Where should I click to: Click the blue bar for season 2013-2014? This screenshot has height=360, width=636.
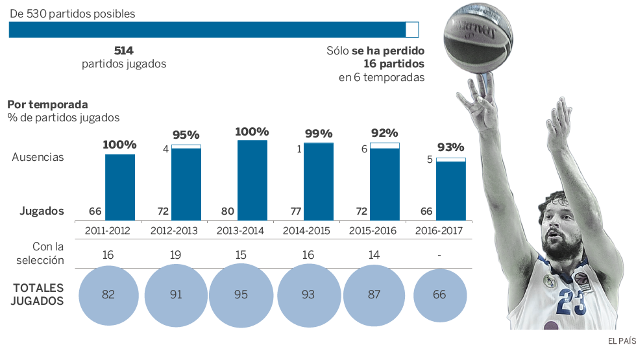252,180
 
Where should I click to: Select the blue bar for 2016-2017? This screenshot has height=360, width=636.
450,191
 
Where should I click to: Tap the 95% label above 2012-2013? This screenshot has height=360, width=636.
186,135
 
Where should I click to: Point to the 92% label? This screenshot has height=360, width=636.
384,133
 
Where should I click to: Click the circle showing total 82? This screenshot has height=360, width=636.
108,294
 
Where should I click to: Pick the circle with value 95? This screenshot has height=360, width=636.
241,294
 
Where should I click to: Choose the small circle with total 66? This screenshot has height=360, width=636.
439,294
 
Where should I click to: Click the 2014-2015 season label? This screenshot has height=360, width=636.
308,230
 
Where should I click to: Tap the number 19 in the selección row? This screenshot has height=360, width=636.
175,255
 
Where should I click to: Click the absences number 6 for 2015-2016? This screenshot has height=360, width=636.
365,149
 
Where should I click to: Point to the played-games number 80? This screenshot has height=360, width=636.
227,211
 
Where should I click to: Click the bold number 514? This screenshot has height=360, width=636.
123,51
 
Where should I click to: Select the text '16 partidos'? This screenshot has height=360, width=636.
394,64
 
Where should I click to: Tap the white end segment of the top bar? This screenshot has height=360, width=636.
412,29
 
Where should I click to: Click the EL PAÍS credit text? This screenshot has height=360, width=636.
621,341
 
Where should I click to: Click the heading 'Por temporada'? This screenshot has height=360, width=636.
47,104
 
